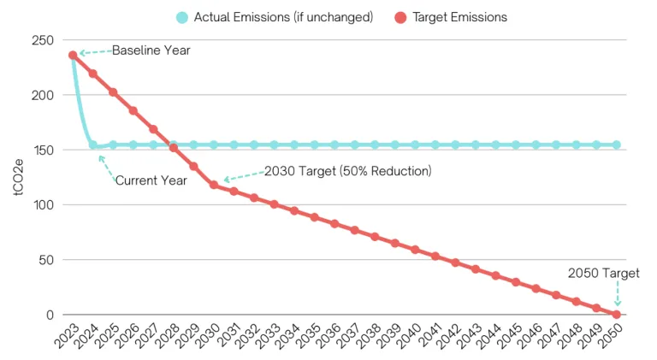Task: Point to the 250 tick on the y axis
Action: pyautogui.click(x=43, y=40)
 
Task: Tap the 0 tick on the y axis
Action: pyautogui.click(x=50, y=315)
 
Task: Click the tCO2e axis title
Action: pyautogui.click(x=19, y=177)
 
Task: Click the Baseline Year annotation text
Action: pyautogui.click(x=151, y=50)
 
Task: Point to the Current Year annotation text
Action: pyautogui.click(x=151, y=180)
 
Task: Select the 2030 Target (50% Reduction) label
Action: pyautogui.click(x=347, y=171)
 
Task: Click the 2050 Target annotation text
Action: pyautogui.click(x=604, y=274)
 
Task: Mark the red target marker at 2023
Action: pyautogui.click(x=73, y=55)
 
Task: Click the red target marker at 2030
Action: pyautogui.click(x=214, y=185)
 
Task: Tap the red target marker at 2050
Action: pyautogui.click(x=617, y=315)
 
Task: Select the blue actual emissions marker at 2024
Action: pyautogui.click(x=93, y=145)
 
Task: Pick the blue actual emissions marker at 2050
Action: pyautogui.click(x=617, y=145)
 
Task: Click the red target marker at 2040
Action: pyautogui.click(x=415, y=250)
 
